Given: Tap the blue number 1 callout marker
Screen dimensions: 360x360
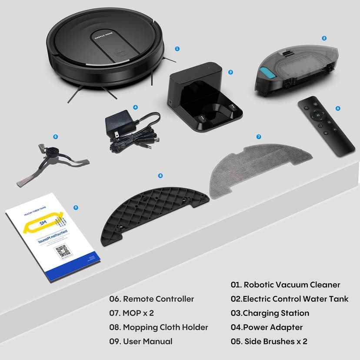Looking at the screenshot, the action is pyautogui.click(x=177, y=49).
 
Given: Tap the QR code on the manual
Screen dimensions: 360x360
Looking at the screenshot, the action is pyautogui.click(x=63, y=251).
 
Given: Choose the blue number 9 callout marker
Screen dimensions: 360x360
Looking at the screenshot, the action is pyautogui.click(x=76, y=208).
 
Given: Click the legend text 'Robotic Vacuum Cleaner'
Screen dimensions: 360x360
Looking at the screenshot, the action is pyautogui.click(x=292, y=285).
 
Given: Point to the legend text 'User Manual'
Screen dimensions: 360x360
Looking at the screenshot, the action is pyautogui.click(x=147, y=341).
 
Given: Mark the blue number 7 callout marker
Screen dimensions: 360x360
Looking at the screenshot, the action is pyautogui.click(x=259, y=137).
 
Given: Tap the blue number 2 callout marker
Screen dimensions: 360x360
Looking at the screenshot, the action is pyautogui.click(x=324, y=38).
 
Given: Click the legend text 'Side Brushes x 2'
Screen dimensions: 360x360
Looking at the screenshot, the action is pyautogui.click(x=275, y=341).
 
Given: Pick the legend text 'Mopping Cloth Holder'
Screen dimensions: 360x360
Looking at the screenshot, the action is pyautogui.click(x=165, y=327).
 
